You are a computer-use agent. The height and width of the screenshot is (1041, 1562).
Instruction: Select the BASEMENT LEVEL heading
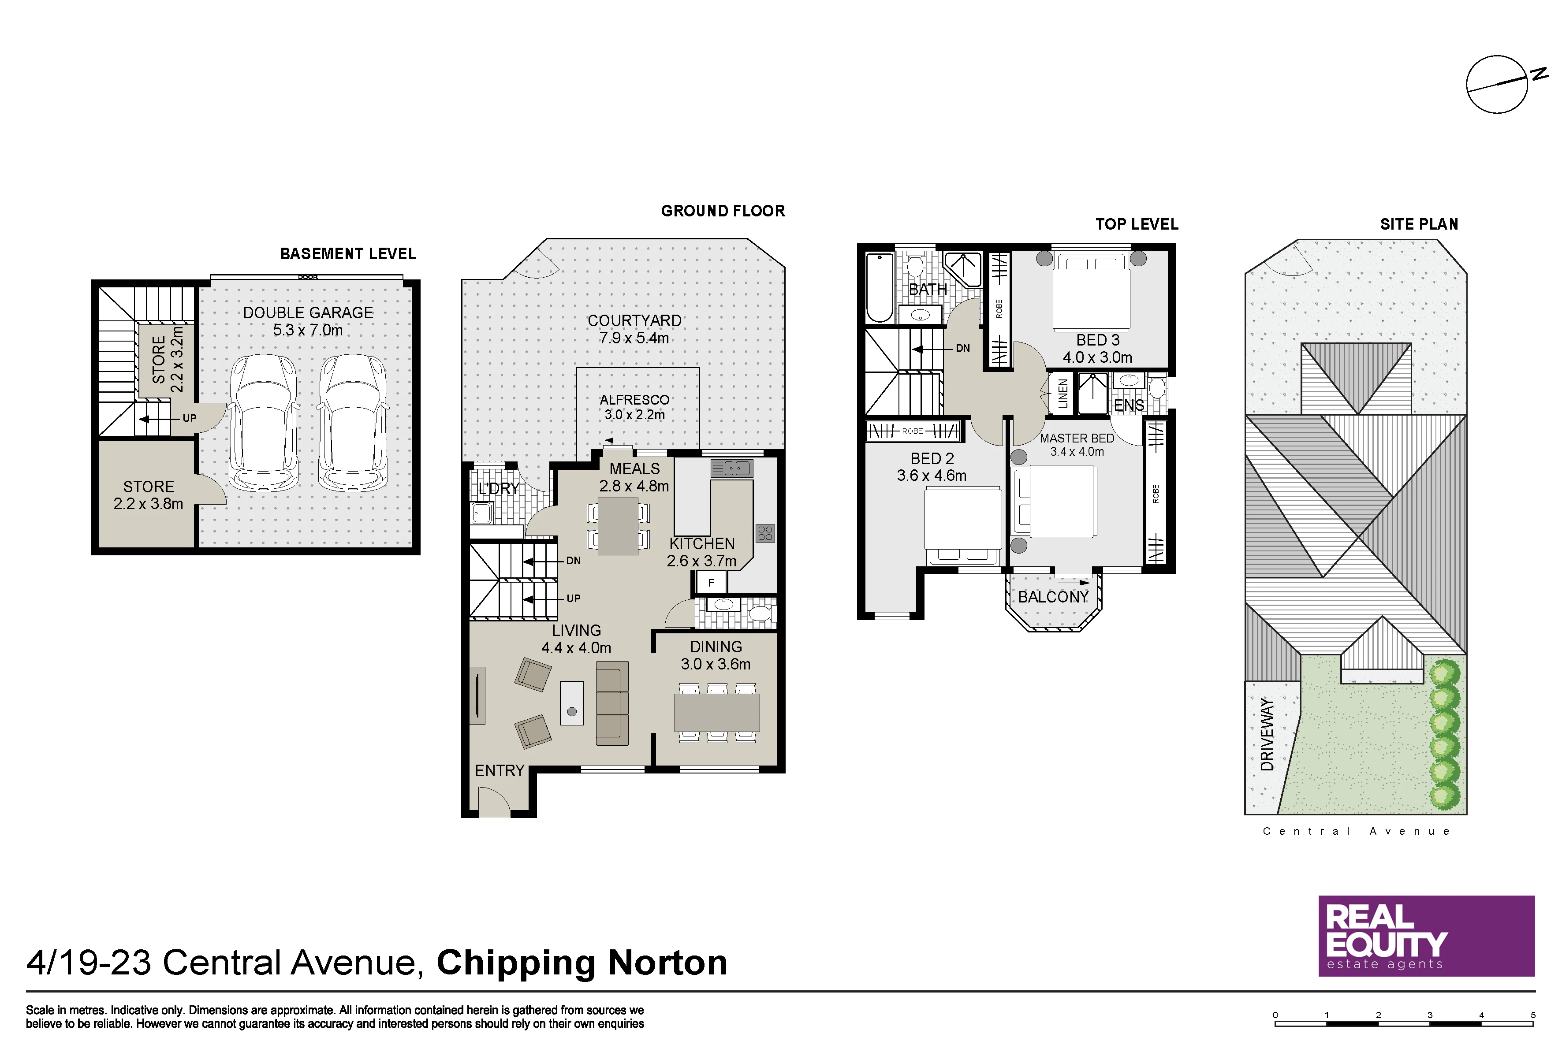348,253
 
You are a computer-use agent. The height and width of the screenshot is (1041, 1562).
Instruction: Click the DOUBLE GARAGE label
308,313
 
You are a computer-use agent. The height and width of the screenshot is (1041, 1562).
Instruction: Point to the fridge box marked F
711,583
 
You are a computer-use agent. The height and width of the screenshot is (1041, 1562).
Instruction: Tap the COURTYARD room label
634,321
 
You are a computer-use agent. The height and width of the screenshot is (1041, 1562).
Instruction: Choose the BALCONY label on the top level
1053,597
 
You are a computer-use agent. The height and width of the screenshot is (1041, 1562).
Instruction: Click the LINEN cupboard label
1062,394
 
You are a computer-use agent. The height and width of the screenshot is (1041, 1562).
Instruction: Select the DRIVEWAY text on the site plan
1267,734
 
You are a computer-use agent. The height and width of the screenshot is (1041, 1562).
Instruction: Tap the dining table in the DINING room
716,712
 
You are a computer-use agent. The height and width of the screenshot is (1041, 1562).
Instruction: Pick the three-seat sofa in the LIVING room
611,703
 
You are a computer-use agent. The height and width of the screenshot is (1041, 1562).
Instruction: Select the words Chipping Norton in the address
582,963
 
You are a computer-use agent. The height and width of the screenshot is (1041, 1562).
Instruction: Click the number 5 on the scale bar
1533,1015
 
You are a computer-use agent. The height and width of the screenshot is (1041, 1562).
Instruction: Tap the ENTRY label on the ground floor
500,771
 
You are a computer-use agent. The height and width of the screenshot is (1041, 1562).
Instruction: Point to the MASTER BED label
1077,438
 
